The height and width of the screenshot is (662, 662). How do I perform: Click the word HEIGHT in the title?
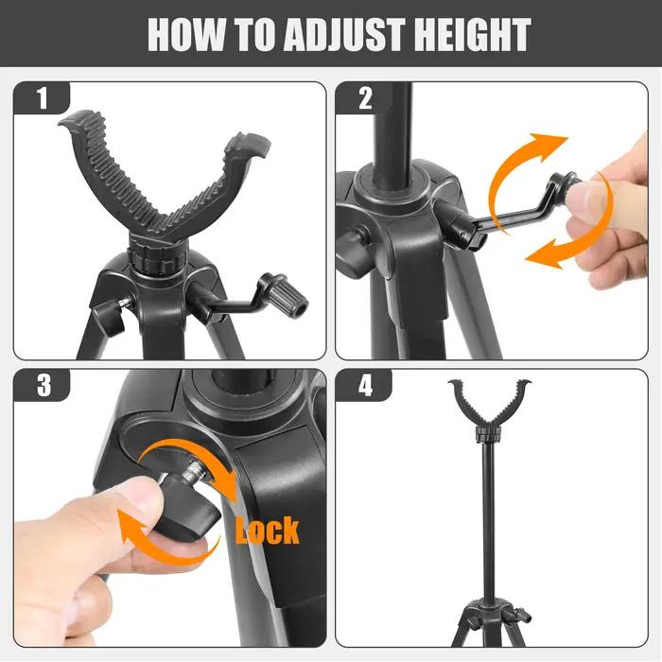[x=472, y=35]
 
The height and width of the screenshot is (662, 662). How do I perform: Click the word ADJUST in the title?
[x=344, y=35]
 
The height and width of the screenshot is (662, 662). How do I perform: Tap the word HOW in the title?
[x=187, y=35]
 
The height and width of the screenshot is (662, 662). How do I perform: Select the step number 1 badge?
[x=43, y=98]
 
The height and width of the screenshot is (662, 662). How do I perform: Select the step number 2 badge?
[x=365, y=98]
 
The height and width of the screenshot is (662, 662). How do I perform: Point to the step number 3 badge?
[x=44, y=385]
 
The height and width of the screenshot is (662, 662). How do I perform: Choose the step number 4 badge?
[x=365, y=385]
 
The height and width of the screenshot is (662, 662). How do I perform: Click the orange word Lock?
[x=267, y=531]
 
